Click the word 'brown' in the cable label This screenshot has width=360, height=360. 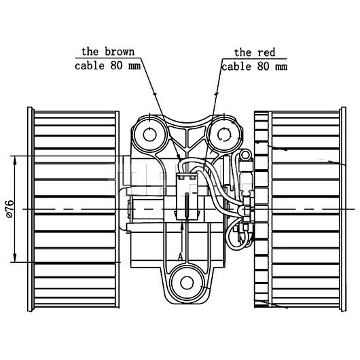coord(120,52)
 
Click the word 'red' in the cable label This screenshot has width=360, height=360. coord(266,52)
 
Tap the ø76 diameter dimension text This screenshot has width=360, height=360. coord(10,209)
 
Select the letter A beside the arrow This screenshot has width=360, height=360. coord(181,257)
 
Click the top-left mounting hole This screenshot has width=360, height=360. coord(149,134)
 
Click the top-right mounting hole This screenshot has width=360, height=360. coord(225,134)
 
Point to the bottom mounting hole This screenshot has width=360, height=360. coord(187,283)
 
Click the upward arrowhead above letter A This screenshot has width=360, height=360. coord(182,227)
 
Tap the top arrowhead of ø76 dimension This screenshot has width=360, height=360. coord(15,161)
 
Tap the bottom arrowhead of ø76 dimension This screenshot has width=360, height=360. coord(15,257)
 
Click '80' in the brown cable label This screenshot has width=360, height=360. coord(117,66)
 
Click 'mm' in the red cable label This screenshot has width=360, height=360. coord(281,67)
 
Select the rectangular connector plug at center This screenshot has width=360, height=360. coord(187,196)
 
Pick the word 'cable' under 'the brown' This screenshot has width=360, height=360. coord(90,66)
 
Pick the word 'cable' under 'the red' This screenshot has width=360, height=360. coord(236,67)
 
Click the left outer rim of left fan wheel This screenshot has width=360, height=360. coord(30,209)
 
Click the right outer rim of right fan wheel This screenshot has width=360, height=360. coord(344,209)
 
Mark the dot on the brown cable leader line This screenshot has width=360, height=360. coord(154,94)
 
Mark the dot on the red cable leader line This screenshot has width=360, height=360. coord(216,94)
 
